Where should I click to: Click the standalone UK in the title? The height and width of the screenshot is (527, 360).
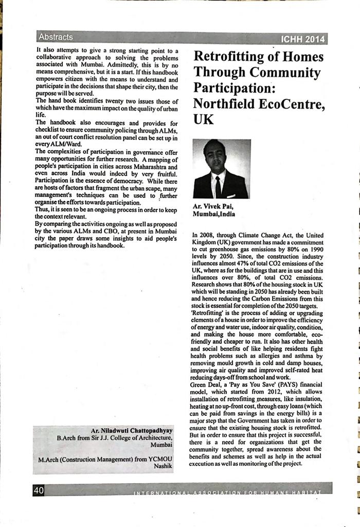click(x=203, y=120)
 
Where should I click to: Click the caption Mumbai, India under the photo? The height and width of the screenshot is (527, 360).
click(x=214, y=214)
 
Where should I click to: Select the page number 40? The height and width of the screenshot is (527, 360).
click(x=39, y=490)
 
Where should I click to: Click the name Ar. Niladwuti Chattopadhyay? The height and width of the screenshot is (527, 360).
click(x=132, y=430)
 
